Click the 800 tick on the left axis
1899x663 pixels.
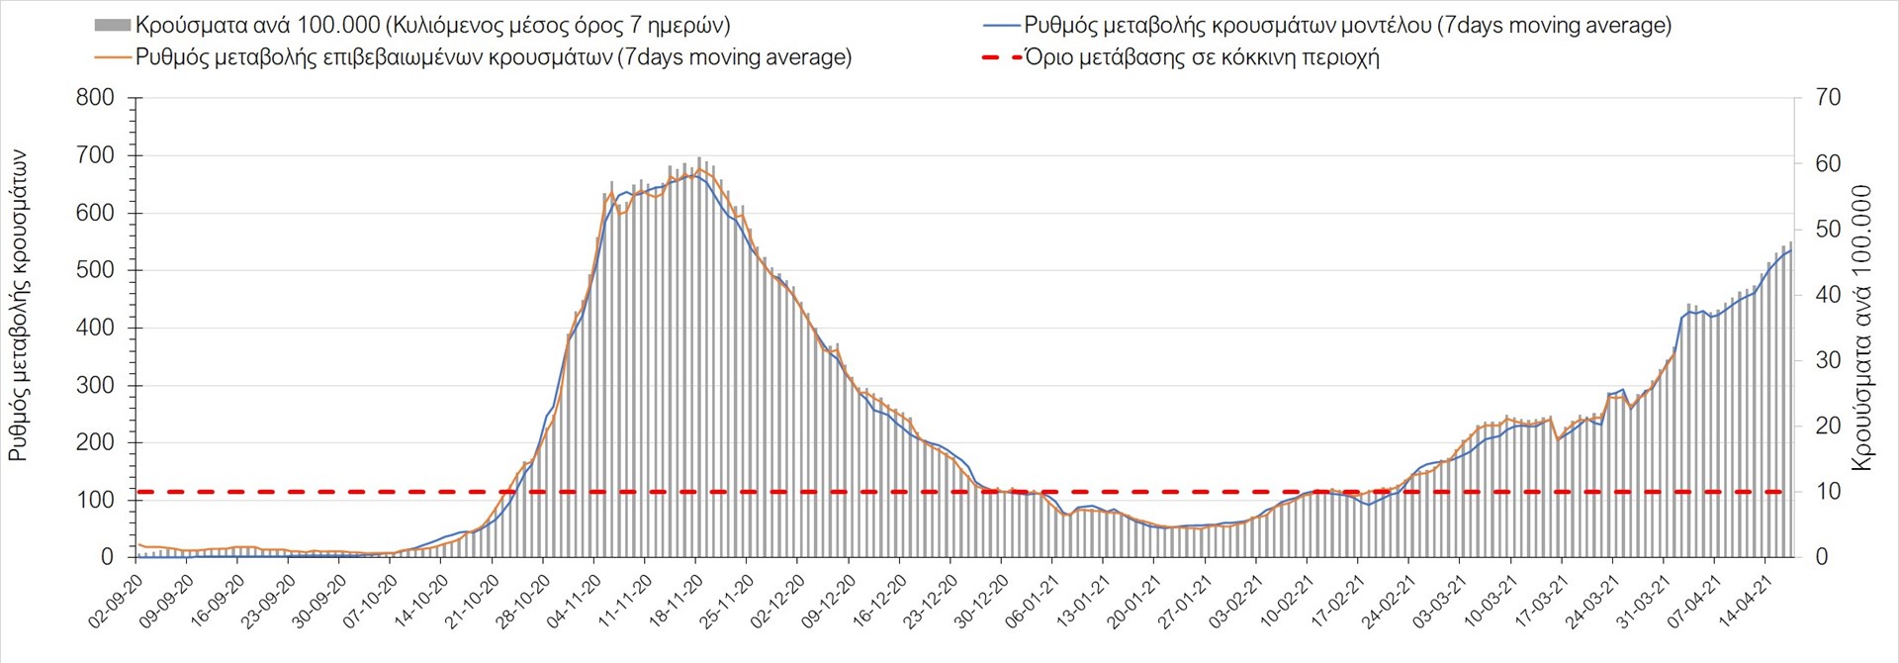coord(95,98)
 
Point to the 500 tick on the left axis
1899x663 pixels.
coord(95,270)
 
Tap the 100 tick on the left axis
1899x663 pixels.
coord(95,500)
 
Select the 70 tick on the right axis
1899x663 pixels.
coord(1828,98)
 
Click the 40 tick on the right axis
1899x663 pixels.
coord(1828,295)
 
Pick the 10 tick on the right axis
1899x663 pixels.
coord(1828,492)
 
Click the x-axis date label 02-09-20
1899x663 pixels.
coord(116,603)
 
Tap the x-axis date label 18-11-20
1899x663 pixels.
coord(676,603)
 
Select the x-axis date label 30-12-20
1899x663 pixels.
coord(981,603)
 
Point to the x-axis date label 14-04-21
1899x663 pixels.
coord(1745,603)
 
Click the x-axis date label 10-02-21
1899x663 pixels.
coord(1287,603)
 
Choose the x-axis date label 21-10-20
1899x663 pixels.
coord(472,603)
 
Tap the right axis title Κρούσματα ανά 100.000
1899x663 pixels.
coord(1861,328)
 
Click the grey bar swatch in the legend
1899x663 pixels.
coord(112,26)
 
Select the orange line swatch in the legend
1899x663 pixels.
coord(112,57)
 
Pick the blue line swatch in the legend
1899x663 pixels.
coord(1001,26)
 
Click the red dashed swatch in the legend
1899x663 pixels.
coord(1001,57)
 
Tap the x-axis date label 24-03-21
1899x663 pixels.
coord(1592,603)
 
